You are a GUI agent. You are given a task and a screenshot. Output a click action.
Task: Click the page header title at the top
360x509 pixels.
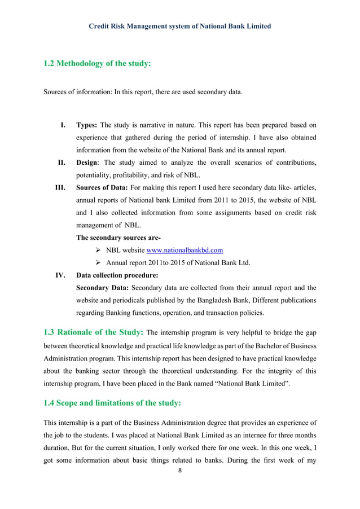(180, 26)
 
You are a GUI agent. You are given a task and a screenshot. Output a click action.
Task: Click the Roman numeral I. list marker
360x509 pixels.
(64, 124)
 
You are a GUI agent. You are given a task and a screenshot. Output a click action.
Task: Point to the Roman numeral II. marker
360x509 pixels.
(63, 163)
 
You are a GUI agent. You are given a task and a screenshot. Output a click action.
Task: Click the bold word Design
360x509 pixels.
(88, 163)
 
